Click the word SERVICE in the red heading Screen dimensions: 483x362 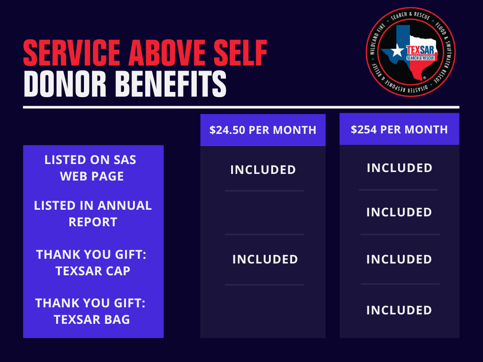point(72,53)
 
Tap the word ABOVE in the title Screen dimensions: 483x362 point(167,53)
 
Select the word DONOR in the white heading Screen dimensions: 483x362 point(65,84)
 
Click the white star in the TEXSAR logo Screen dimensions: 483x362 point(397,50)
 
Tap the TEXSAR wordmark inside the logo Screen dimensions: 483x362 point(420,50)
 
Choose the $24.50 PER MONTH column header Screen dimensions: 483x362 point(263,130)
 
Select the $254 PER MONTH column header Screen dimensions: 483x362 point(399,129)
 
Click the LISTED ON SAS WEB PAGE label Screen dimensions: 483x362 point(91,168)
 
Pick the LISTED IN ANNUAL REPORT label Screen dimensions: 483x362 point(93,214)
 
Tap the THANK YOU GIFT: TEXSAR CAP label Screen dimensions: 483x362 point(92,263)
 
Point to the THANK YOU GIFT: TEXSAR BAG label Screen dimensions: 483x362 point(91,311)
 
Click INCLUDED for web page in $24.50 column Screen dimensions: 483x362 point(263,170)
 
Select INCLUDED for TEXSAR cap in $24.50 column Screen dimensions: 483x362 point(265,259)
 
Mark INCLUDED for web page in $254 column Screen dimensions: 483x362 point(400,168)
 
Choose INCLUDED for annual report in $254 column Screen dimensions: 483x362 point(399,212)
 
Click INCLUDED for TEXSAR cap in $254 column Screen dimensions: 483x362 point(399,259)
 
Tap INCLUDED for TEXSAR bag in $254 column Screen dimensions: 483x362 point(399,310)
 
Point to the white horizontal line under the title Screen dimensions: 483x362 point(241,107)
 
